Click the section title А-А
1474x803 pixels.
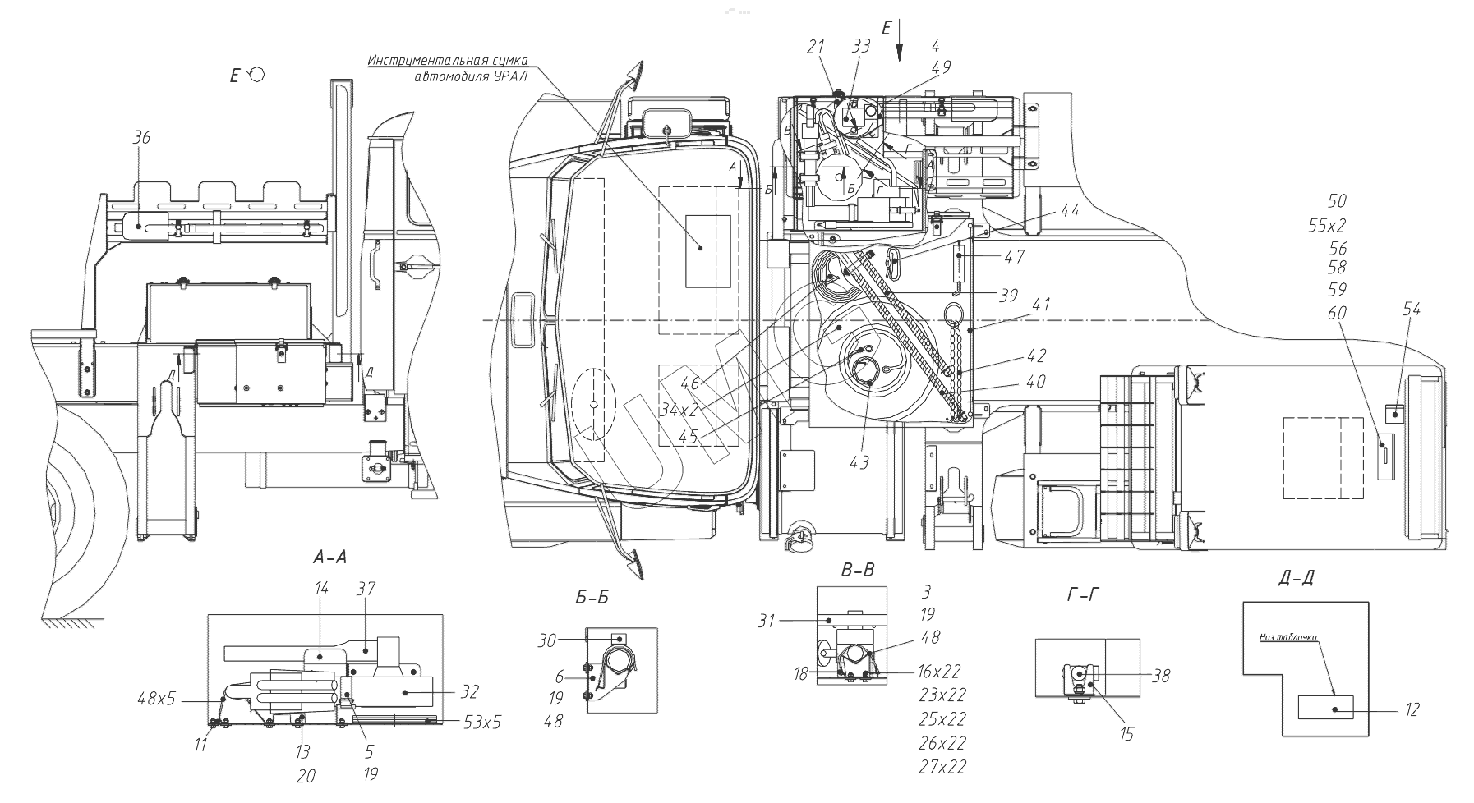point(330,558)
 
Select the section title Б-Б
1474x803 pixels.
point(592,599)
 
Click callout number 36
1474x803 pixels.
point(141,139)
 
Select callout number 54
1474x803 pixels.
point(1412,309)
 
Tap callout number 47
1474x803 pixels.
point(1014,257)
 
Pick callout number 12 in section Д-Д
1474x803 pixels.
point(1412,709)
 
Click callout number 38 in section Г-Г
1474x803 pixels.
point(1161,676)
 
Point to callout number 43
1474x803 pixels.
point(859,463)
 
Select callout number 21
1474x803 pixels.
point(815,47)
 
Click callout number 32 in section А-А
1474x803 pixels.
point(468,691)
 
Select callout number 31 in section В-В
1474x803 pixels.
point(766,622)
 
